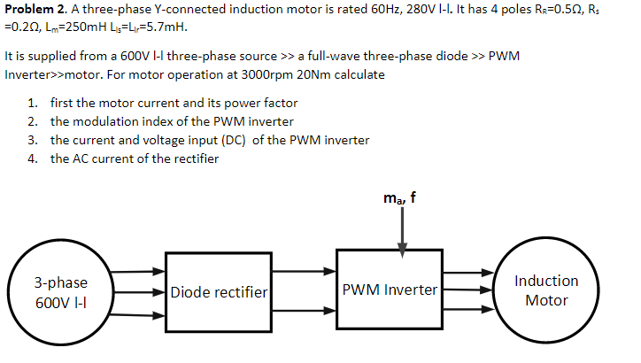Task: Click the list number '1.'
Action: point(32,104)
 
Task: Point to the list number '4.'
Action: point(32,158)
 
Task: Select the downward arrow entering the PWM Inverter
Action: point(403,232)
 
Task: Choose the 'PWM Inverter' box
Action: point(390,290)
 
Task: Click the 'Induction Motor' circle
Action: point(545,290)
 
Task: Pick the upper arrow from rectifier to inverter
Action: point(303,272)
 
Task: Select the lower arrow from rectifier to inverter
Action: point(303,311)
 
